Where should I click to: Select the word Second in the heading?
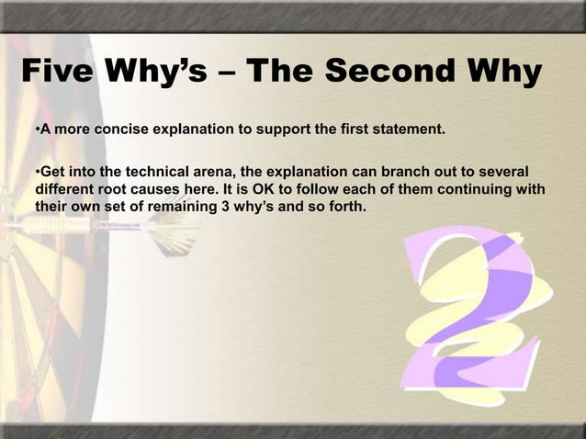coord(380,74)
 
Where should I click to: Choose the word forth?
coord(344,207)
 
